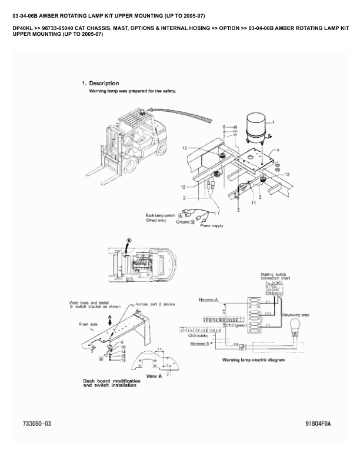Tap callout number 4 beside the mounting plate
pyautogui.click(x=278, y=151)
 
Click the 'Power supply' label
pyautogui.click(x=212, y=225)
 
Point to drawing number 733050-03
pyautogui.click(x=36, y=423)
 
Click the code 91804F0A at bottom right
pyautogui.click(x=318, y=423)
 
